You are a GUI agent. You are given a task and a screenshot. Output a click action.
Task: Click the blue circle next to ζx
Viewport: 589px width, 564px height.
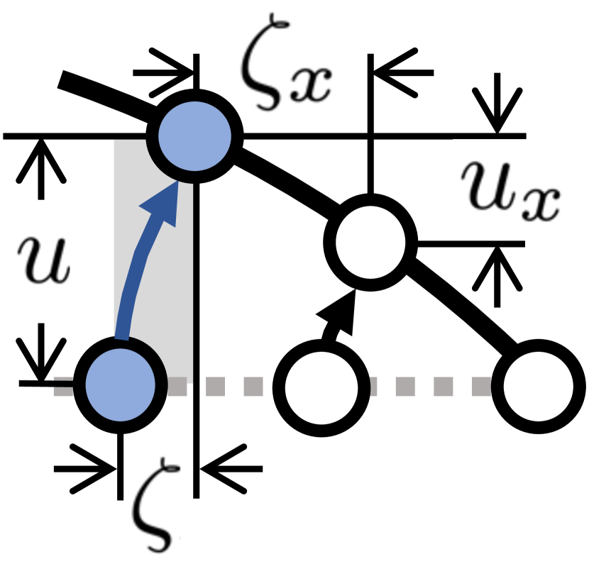(x=194, y=136)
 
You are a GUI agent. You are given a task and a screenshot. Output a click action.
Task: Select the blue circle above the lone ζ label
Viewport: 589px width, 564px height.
(x=120, y=385)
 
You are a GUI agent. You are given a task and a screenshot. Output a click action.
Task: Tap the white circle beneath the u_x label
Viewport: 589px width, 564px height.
(x=370, y=241)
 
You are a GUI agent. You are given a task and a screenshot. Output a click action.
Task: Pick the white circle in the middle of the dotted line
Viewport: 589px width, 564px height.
(x=321, y=387)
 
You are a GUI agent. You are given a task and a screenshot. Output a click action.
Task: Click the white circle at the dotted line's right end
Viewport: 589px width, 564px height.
(x=538, y=387)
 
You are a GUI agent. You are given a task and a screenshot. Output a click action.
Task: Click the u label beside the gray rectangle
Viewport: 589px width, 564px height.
(x=40, y=262)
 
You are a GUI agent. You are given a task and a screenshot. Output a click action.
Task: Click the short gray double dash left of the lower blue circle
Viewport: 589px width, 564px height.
(x=63, y=387)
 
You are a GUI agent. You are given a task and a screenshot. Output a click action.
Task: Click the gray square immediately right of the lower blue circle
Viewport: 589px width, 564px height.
(x=177, y=387)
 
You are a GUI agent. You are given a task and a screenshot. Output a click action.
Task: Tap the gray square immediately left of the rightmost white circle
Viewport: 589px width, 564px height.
(x=481, y=387)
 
